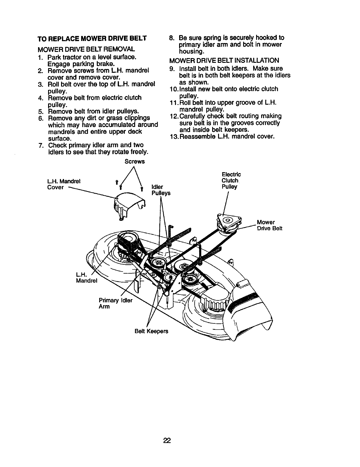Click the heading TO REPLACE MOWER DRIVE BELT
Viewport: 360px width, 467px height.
92,39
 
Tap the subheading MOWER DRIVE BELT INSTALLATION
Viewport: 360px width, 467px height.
224,61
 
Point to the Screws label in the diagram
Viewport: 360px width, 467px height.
135,162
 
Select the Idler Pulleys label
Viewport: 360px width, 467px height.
161,190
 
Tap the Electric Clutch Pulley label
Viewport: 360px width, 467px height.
231,180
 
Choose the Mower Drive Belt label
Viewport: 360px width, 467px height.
269,225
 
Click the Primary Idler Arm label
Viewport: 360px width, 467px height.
116,303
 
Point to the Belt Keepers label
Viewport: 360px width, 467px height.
151,331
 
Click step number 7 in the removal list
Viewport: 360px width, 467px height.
41,145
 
